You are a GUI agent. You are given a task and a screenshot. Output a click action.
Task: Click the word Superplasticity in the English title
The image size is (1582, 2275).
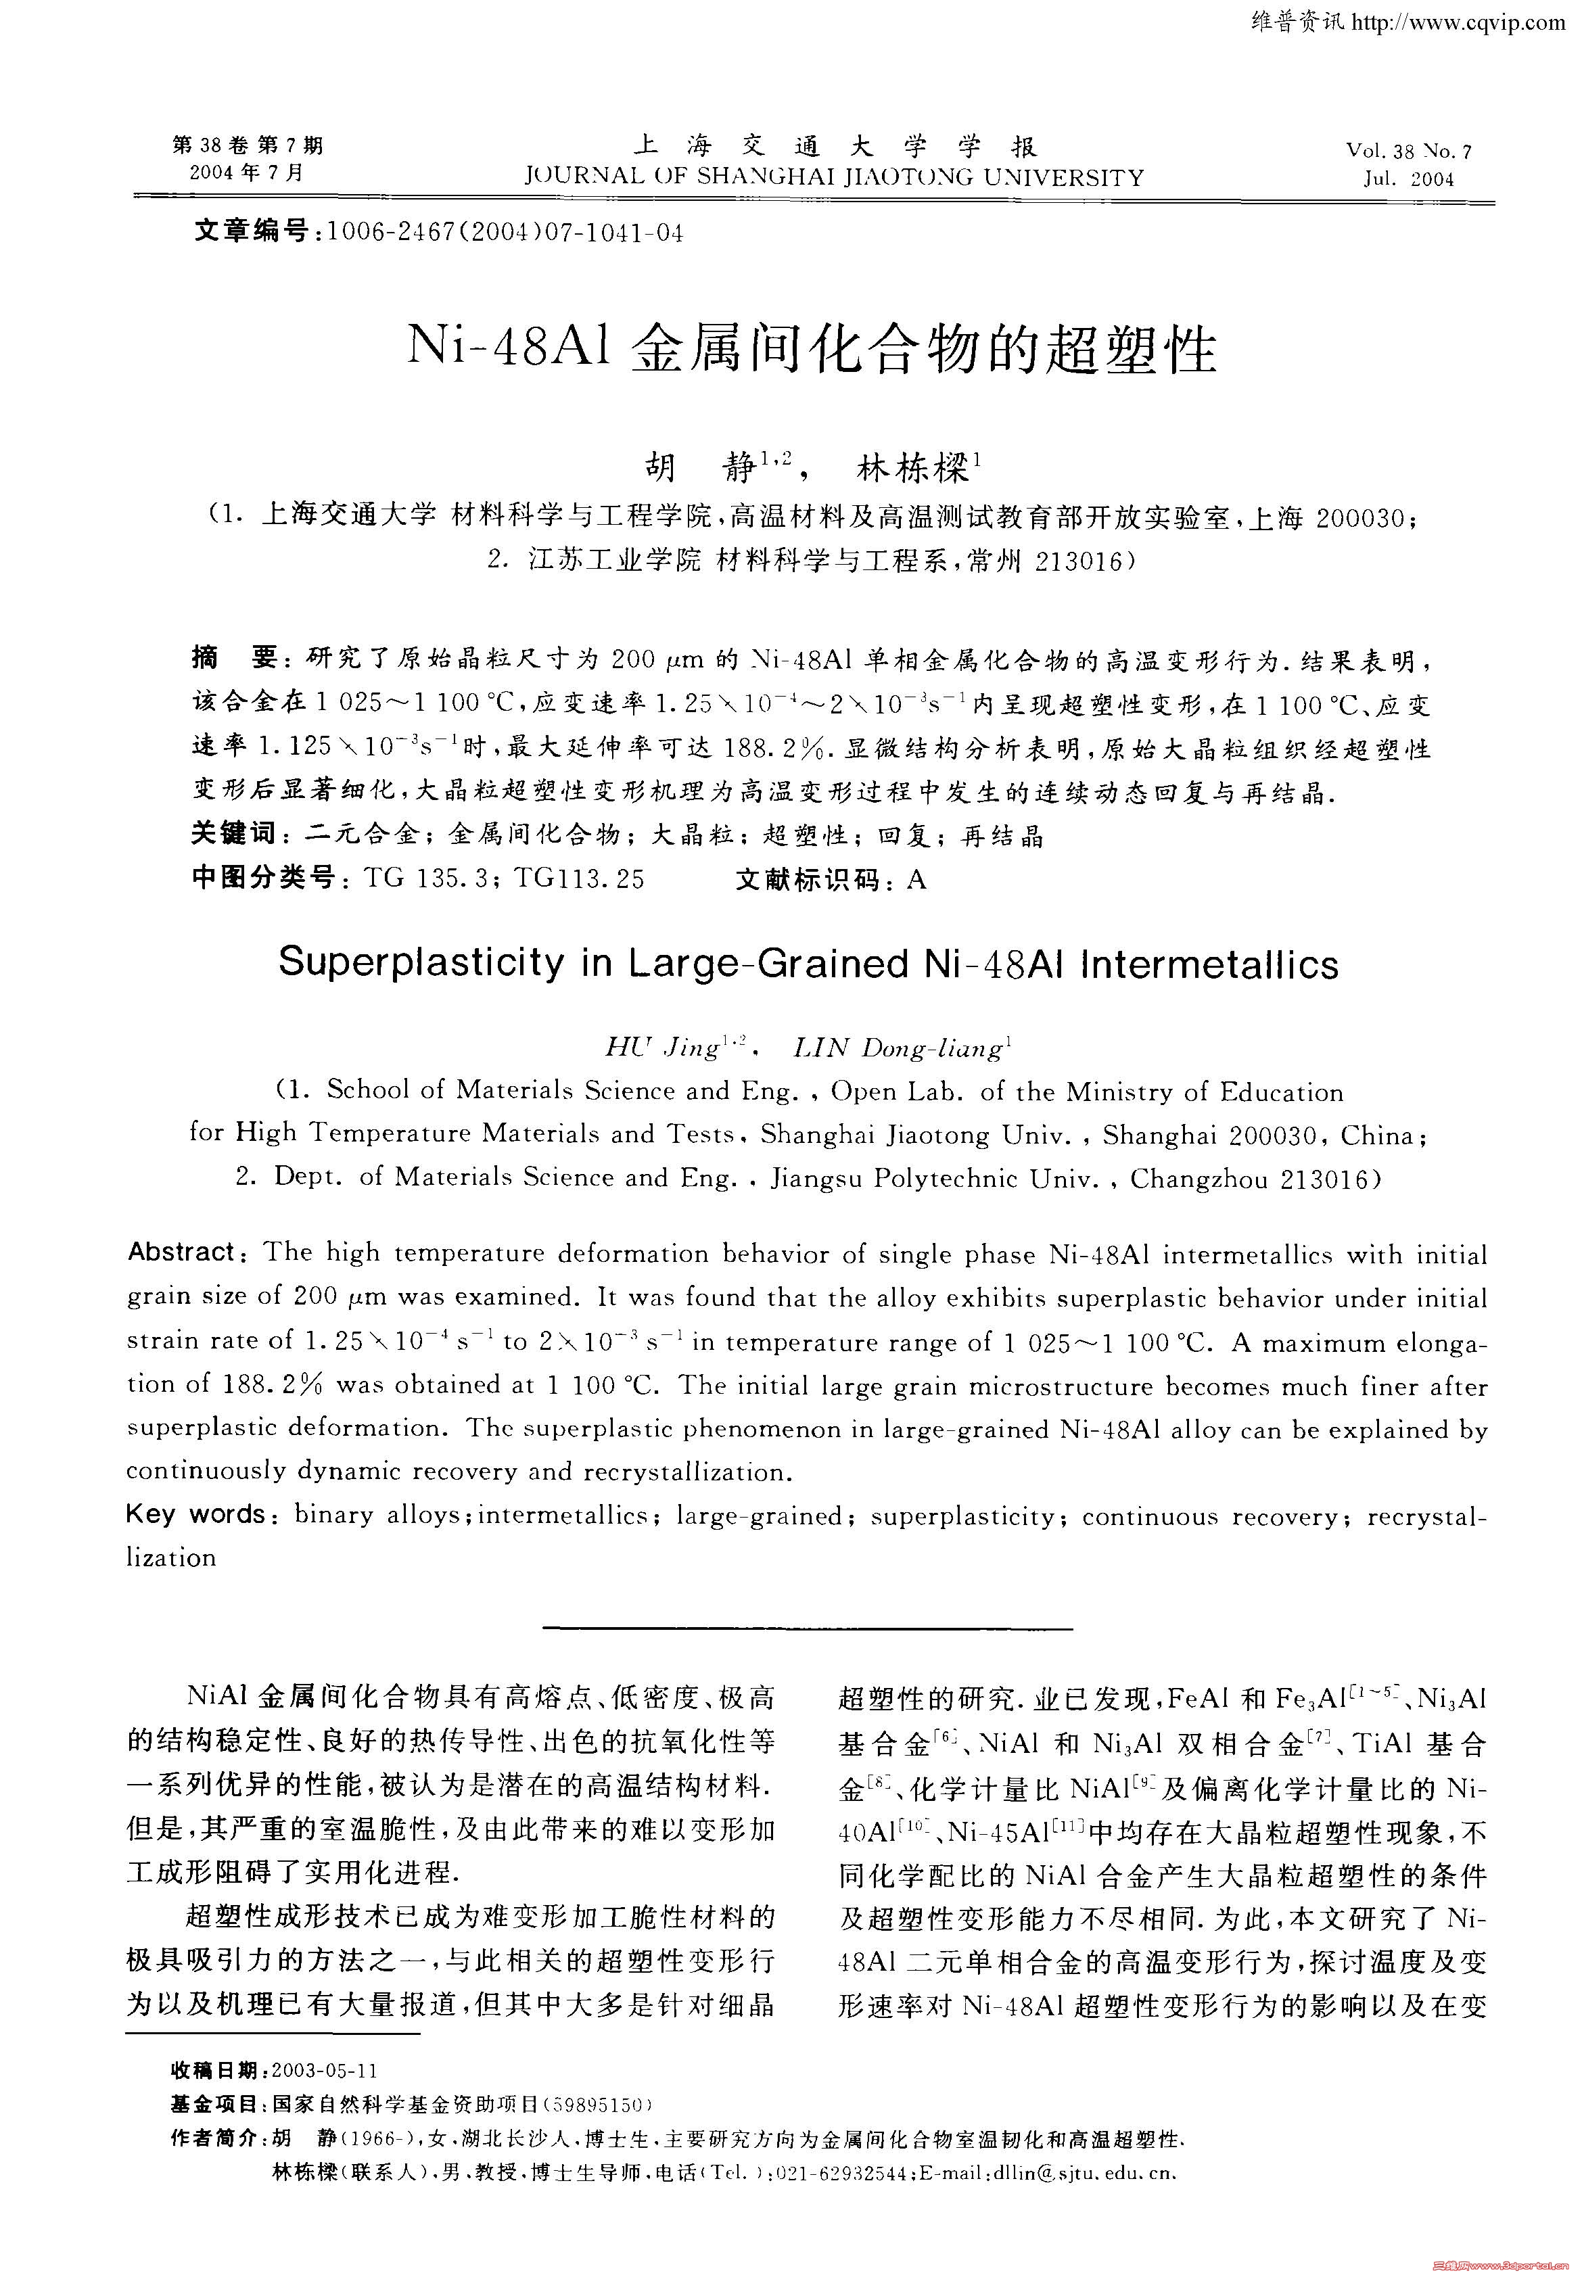point(419,962)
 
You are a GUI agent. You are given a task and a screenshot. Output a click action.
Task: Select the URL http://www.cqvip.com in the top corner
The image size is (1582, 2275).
point(1461,22)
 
